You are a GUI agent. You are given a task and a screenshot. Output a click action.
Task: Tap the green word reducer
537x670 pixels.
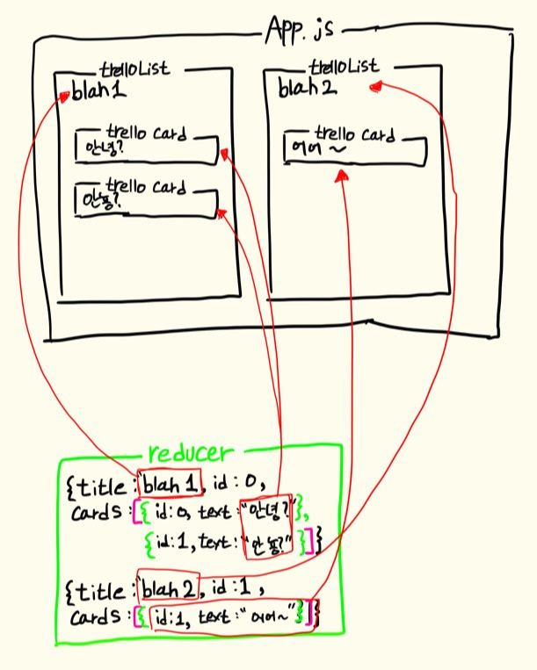click(x=191, y=453)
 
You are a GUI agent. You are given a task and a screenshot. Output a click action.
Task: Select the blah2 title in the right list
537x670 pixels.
click(x=307, y=87)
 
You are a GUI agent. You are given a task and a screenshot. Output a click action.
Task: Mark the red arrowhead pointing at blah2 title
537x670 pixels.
click(x=376, y=85)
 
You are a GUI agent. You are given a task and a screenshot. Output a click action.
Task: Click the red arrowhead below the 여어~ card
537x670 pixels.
click(x=343, y=177)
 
